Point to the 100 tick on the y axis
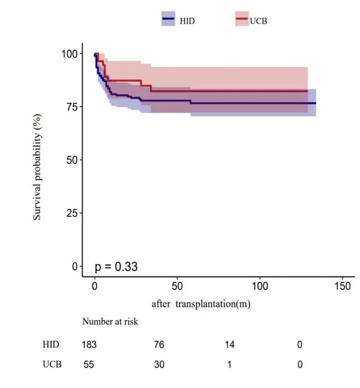69,53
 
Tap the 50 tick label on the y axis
71,160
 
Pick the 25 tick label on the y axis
71,213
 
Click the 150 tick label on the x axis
342,286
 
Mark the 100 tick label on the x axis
260,286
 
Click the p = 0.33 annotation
116,266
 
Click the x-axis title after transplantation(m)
201,304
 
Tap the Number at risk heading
110,322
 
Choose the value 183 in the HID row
89,345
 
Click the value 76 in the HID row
159,345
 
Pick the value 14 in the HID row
229,345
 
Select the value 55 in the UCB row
89,364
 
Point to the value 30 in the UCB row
159,364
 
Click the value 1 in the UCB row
229,364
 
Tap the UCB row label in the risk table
52,364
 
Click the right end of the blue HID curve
315,103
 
